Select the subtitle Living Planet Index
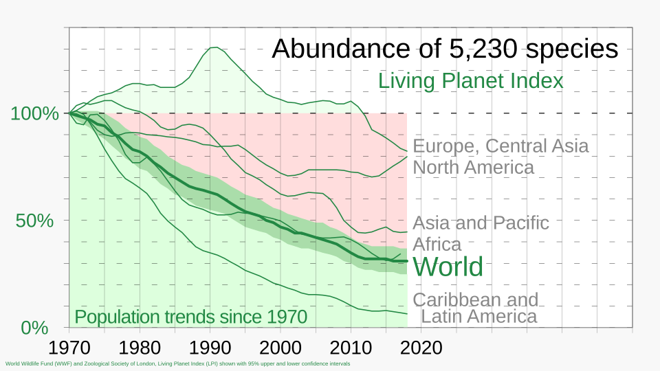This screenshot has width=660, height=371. (x=470, y=81)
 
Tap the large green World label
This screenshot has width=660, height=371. (x=448, y=267)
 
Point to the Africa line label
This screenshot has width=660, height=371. (x=437, y=244)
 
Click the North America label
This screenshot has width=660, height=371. (x=473, y=168)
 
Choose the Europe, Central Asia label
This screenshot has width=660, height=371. (x=500, y=146)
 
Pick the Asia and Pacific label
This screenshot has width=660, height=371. (x=481, y=223)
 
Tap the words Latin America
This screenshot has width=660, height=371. (x=478, y=316)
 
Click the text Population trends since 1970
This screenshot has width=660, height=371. (x=190, y=317)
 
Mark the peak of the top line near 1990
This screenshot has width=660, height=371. (x=214, y=47)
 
